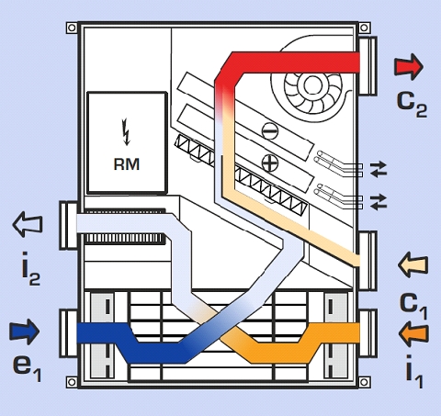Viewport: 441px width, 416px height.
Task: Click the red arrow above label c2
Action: pyautogui.click(x=409, y=67)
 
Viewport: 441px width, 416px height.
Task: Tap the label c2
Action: pyautogui.click(x=412, y=103)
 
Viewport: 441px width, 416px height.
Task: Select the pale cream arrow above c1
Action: pyautogui.click(x=413, y=265)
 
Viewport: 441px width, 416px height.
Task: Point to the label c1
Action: pyautogui.click(x=413, y=306)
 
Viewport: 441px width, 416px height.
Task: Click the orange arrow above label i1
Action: pyautogui.click(x=413, y=333)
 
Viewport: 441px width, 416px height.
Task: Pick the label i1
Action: pyautogui.click(x=414, y=370)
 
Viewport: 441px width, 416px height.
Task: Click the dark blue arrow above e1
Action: pyautogui.click(x=25, y=332)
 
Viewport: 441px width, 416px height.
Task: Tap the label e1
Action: pyautogui.click(x=27, y=367)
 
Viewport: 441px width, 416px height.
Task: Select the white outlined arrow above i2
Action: pyautogui.click(x=28, y=224)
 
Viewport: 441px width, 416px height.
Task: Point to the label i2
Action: pyautogui.click(x=30, y=268)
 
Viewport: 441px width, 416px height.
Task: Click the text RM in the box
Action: pyautogui.click(x=127, y=164)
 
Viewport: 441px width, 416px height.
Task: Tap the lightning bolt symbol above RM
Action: pyautogui.click(x=126, y=131)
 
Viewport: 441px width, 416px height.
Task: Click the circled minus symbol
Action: pyautogui.click(x=270, y=130)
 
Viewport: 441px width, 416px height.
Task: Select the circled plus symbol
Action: pyautogui.click(x=270, y=163)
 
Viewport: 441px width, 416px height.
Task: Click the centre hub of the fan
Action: pyautogui.click(x=312, y=84)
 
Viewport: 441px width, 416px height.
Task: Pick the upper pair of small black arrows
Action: pyautogui.click(x=379, y=169)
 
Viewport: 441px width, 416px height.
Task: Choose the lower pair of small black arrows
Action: pyautogui.click(x=379, y=202)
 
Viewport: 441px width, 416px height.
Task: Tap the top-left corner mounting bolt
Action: pyautogui.click(x=72, y=28)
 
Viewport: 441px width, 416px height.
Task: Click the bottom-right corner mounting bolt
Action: pyautogui.click(x=364, y=382)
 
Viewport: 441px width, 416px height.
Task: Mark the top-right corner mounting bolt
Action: pyautogui.click(x=364, y=28)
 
